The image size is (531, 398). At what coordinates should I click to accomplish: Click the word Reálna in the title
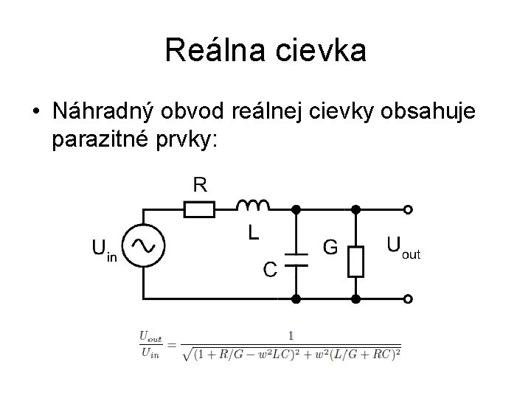pos(215,50)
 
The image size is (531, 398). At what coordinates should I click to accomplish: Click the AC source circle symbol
pos(142,245)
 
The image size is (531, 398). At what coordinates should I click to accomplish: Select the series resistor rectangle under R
pos(200,210)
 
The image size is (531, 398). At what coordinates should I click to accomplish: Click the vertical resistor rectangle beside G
pos(355,261)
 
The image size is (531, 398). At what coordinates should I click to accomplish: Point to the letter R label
pos(201,184)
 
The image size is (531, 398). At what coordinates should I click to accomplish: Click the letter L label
pos(252,234)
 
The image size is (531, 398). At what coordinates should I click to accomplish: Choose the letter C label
pos(271,270)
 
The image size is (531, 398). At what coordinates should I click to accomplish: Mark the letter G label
pos(330,247)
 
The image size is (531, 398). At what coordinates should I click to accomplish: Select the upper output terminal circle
pos(409,210)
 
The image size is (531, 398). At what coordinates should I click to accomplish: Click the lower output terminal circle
pos(409,299)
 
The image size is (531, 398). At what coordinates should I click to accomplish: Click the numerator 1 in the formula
pos(291,335)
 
